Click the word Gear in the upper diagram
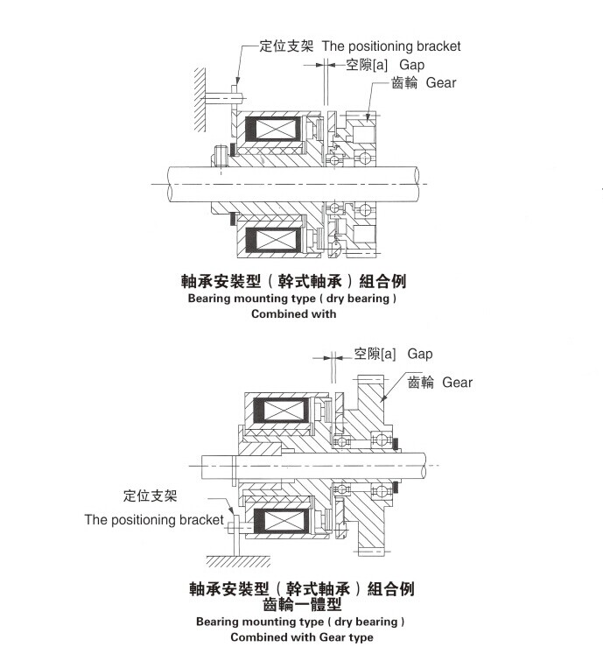tap(441, 83)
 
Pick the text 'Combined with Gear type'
tap(301, 637)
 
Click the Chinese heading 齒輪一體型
tap(302, 604)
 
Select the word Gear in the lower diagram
tap(457, 382)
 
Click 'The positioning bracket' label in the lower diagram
tap(154, 520)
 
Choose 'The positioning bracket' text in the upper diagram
tap(391, 46)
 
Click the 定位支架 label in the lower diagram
tap(150, 496)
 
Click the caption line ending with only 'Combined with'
tap(293, 314)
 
